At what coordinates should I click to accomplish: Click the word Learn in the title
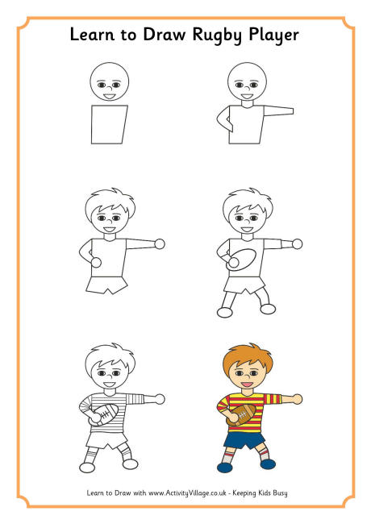(x=92, y=35)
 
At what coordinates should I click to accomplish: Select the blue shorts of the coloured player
(x=244, y=441)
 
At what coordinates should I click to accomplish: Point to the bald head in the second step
(x=247, y=80)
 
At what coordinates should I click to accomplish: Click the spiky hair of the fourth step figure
(x=247, y=198)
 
